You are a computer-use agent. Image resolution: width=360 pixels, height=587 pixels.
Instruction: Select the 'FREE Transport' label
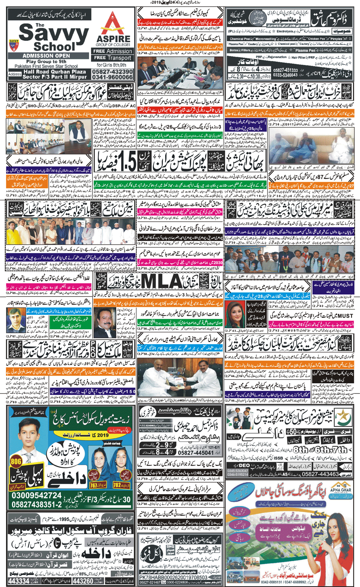[113, 58]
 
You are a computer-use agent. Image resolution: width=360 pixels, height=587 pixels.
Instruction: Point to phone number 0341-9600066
[113, 77]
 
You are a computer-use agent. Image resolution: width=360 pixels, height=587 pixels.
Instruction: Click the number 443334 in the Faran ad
[19, 581]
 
